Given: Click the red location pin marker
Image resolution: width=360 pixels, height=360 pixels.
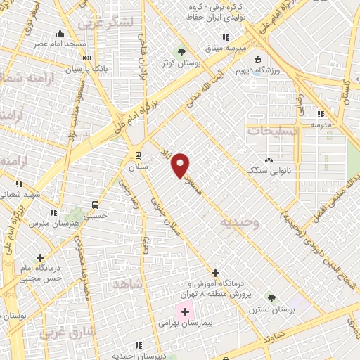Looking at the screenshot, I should tap(181, 165).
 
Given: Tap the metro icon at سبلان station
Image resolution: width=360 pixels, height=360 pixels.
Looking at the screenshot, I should tap(138, 155).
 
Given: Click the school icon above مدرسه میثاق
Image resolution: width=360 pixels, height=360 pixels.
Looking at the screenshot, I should tap(226, 37).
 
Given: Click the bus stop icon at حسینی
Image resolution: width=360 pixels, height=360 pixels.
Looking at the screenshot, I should tap(94, 205).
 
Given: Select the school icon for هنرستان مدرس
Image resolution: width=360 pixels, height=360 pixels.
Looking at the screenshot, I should tap(53, 212).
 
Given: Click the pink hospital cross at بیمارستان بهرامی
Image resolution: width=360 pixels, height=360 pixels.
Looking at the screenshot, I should tap(186, 311).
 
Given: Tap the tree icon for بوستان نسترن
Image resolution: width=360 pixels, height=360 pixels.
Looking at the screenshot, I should tap(271, 298).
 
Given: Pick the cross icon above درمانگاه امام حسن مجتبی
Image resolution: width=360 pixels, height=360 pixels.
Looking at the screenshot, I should tap(41, 257).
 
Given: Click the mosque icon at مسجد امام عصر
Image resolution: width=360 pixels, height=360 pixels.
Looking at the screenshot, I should tap(60, 32).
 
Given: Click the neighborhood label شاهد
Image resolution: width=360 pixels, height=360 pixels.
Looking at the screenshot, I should tap(127, 283).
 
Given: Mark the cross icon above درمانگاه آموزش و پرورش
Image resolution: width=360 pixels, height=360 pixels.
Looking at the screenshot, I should tap(215, 272).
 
